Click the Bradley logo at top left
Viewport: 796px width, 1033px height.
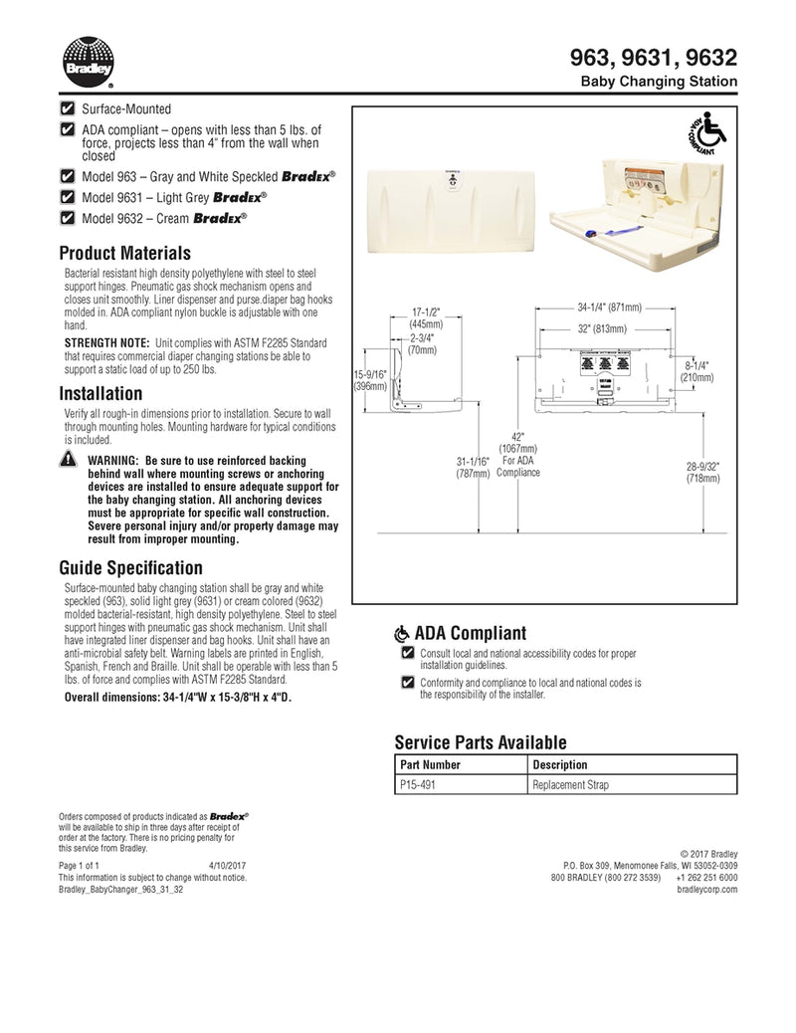pos(88,62)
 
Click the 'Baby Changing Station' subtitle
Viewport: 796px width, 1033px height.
pos(659,81)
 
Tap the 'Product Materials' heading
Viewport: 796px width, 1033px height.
pos(124,253)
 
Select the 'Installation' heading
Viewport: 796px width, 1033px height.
pos(100,393)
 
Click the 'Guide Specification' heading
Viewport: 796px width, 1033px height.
pos(130,568)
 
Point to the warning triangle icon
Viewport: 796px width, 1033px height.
pos(68,461)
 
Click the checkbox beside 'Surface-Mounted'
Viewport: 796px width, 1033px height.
pos(68,108)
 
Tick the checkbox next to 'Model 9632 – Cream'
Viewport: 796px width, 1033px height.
pos(68,218)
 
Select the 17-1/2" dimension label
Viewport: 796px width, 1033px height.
pos(426,317)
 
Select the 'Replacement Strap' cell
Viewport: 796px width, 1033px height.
pos(570,784)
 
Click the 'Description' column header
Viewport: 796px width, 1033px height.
pos(560,764)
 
